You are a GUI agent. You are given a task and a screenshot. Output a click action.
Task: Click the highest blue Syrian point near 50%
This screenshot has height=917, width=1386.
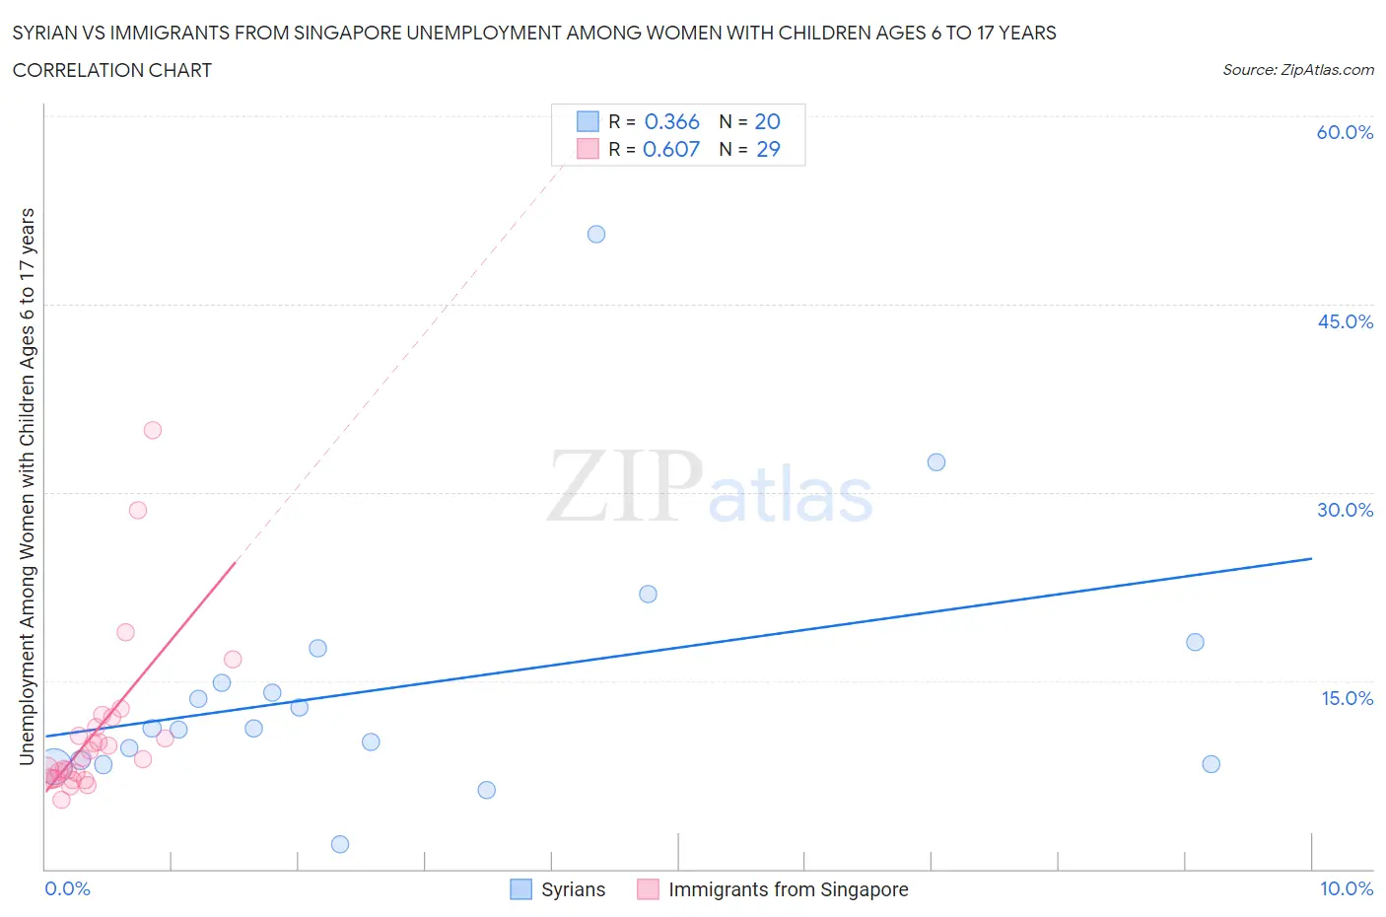[x=596, y=235]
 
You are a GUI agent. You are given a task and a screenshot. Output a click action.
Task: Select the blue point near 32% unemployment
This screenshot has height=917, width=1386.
[x=936, y=462]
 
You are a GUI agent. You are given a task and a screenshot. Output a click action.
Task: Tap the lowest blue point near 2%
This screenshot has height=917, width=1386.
[x=340, y=844]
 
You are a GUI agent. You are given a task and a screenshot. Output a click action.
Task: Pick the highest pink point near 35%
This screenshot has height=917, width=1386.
[x=153, y=430]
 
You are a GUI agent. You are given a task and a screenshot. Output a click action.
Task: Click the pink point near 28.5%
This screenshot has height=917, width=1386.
[x=138, y=510]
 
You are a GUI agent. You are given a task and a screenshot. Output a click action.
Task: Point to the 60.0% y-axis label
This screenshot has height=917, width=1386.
[x=1345, y=132]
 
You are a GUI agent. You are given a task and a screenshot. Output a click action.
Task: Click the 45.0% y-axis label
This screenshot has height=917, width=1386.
[x=1345, y=321]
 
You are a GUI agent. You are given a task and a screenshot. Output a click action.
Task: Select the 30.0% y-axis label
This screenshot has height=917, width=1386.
[x=1345, y=510]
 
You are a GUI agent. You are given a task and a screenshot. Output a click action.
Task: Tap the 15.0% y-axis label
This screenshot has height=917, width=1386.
[x=1347, y=698]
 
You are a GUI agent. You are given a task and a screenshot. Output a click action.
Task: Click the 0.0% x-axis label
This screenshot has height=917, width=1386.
[x=67, y=888]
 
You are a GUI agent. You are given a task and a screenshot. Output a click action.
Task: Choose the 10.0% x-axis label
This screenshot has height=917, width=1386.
[x=1347, y=888]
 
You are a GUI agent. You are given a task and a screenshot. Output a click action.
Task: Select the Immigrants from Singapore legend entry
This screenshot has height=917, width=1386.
[x=788, y=889]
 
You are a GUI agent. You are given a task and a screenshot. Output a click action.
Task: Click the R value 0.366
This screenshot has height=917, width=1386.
[x=671, y=121]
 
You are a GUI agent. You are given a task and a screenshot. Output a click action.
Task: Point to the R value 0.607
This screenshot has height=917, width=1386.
[x=671, y=149]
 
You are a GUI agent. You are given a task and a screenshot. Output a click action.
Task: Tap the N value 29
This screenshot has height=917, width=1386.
[x=768, y=149]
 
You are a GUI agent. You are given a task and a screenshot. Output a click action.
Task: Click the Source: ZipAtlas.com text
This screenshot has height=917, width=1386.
[x=1297, y=69]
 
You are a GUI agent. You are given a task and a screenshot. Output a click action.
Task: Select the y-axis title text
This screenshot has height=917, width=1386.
[x=27, y=486]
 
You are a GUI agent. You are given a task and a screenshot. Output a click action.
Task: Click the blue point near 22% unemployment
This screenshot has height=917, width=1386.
[x=648, y=594]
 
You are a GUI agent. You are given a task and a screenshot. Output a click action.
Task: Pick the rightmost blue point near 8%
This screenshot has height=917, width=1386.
[x=1212, y=764]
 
